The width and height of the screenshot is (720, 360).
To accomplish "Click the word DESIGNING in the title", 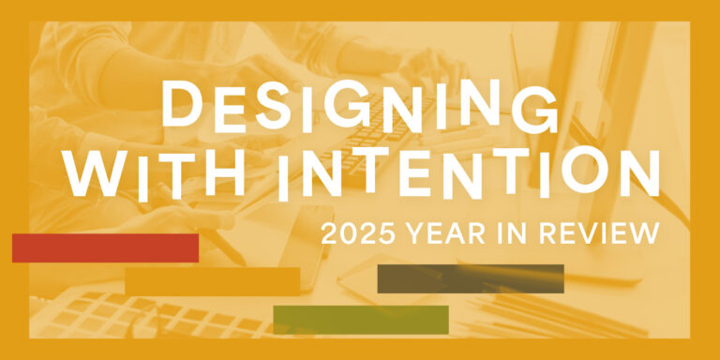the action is coord(360,107).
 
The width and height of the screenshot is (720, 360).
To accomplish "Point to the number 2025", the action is coord(358,233).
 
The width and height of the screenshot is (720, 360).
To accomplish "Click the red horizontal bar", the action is coord(106,247).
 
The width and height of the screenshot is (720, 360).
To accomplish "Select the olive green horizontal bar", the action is coord(361,320).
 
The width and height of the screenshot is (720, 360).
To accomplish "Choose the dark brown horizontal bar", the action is coord(471,278).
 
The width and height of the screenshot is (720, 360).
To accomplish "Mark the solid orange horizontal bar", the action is coord(213,281).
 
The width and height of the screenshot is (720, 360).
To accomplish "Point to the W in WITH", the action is coord(95,172).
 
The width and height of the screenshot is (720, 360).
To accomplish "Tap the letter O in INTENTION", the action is coord(584,172).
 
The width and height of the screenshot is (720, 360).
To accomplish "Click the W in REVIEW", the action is coord(643,233).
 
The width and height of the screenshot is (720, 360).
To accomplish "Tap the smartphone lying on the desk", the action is coord(305,247).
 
